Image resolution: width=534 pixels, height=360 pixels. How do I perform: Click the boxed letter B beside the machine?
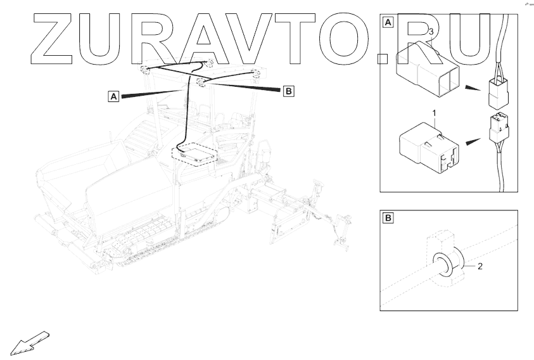point(288,92)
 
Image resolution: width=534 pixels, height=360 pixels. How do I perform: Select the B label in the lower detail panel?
point(388,219)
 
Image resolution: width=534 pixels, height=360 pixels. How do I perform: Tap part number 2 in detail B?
point(480,266)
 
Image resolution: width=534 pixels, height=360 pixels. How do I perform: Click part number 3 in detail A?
point(431,31)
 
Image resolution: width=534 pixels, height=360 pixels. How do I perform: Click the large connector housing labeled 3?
point(426,63)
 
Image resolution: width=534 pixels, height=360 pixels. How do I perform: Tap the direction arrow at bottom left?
point(29,342)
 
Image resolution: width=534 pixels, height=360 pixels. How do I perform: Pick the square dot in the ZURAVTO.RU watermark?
point(383,58)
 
